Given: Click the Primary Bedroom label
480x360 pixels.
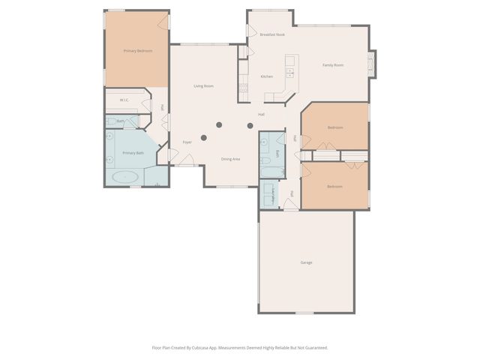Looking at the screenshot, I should (x=138, y=51).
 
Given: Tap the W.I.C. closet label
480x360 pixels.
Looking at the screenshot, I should (x=121, y=100).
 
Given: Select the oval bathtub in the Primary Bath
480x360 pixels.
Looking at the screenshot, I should (x=124, y=177).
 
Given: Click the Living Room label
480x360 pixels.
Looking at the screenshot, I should (x=204, y=86).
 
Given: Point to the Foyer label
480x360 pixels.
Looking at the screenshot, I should (x=187, y=142).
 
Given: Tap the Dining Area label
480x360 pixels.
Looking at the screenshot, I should (x=230, y=159).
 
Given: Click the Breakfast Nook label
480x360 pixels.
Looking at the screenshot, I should (x=272, y=34).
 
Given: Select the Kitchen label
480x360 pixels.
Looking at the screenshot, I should (x=266, y=76).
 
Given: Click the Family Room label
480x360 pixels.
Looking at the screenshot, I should (x=333, y=65).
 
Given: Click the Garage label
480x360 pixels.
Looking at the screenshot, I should (x=306, y=262).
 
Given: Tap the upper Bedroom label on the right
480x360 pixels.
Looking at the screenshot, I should (x=335, y=127).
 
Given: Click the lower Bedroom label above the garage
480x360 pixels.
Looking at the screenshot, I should (x=335, y=186).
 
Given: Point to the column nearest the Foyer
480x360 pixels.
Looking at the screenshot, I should (x=203, y=137).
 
